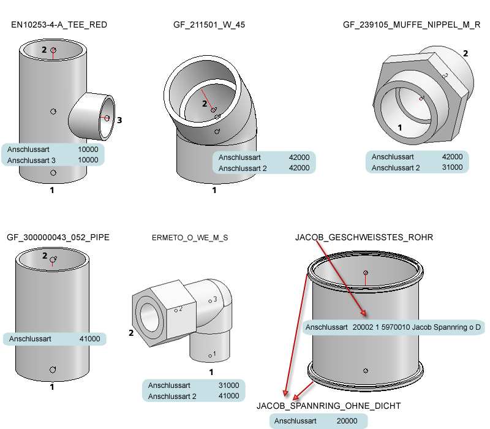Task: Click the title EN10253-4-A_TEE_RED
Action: coord(59,25)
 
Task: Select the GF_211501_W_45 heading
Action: coord(209,25)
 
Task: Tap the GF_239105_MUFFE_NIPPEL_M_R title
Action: coord(412,25)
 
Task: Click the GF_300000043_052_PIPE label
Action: coord(58,237)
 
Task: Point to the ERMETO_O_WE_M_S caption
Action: coord(190,238)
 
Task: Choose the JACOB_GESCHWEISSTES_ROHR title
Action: coord(364,237)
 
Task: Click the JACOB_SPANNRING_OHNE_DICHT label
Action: coord(328,406)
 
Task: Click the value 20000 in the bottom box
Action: coord(347,421)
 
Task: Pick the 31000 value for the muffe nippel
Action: coord(453,167)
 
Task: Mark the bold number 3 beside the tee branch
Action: coord(120,121)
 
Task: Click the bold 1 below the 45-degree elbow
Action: coord(214,190)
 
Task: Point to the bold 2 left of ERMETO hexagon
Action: coord(130,333)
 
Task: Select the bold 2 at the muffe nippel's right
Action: coord(466,53)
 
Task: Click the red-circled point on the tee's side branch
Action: coord(107,118)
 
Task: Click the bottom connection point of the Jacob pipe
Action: coord(366,370)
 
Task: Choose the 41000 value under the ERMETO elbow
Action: coord(229,396)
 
